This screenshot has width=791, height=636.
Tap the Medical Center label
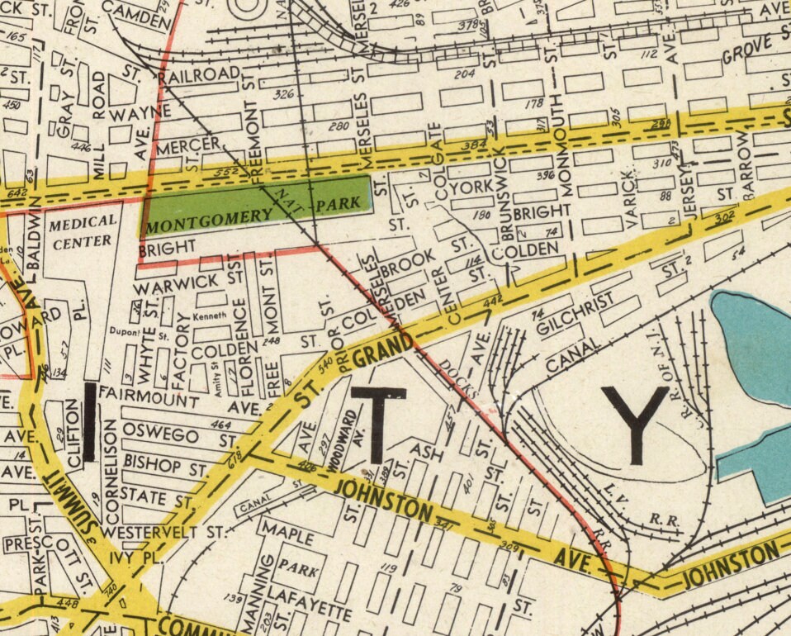pos(81,231)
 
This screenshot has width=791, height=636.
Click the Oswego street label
pos(160,434)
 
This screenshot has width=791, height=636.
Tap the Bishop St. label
pos(163,467)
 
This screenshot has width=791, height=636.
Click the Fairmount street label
pos(150,400)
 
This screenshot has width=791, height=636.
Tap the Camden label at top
pos(138,12)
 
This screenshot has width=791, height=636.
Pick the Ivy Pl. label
pos(132,558)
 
